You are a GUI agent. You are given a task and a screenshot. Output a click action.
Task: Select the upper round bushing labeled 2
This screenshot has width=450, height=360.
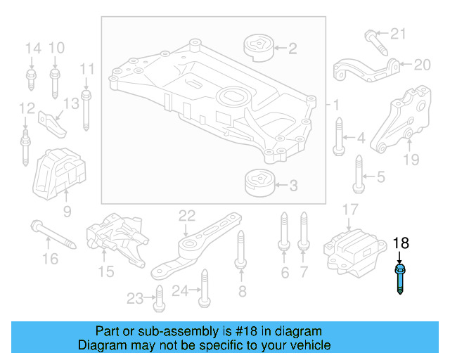(x=257, y=49)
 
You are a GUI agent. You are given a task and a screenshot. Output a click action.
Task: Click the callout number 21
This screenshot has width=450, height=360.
(x=399, y=33)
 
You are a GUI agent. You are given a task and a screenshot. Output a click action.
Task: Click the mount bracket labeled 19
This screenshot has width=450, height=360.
(x=401, y=120)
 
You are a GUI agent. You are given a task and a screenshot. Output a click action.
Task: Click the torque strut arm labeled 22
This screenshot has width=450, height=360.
(x=197, y=246)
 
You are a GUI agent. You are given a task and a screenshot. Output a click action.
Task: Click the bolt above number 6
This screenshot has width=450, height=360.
(x=284, y=229)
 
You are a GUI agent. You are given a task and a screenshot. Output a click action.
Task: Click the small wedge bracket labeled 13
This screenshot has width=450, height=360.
(x=53, y=123)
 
